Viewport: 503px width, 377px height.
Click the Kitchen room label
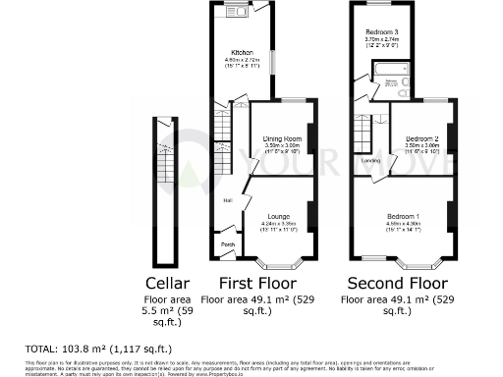[x=242, y=52]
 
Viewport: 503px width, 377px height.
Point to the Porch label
[x=228, y=244]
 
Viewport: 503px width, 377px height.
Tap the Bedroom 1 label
[x=403, y=215]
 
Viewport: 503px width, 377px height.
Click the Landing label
[x=370, y=160]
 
